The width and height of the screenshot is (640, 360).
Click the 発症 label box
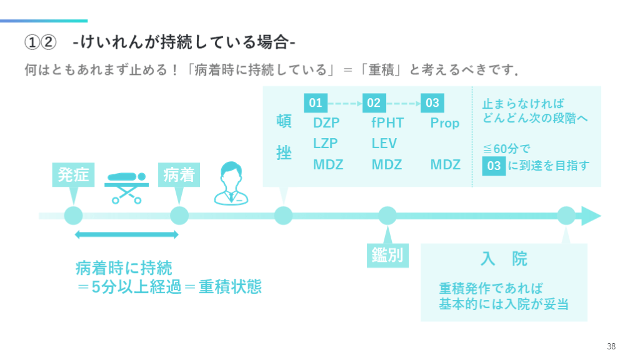click(x=73, y=175)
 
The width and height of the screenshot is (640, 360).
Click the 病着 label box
click(x=179, y=175)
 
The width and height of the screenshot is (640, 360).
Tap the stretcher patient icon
click(x=125, y=186)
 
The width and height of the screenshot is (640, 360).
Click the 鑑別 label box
click(x=387, y=255)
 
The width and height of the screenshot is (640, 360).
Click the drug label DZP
click(x=326, y=123)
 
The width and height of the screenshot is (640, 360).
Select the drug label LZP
click(x=326, y=144)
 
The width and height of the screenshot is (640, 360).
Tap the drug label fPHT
click(x=387, y=123)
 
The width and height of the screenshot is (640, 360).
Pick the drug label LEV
click(x=384, y=144)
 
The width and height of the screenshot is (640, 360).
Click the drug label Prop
click(x=445, y=123)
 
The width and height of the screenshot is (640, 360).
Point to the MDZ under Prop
click(x=446, y=165)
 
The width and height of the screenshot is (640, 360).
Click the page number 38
click(x=611, y=346)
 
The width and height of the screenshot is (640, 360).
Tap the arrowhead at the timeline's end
click(x=590, y=216)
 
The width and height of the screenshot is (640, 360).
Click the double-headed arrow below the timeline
click(x=126, y=235)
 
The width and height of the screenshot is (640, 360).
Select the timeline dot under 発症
click(x=73, y=216)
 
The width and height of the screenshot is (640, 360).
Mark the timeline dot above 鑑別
click(x=387, y=216)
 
